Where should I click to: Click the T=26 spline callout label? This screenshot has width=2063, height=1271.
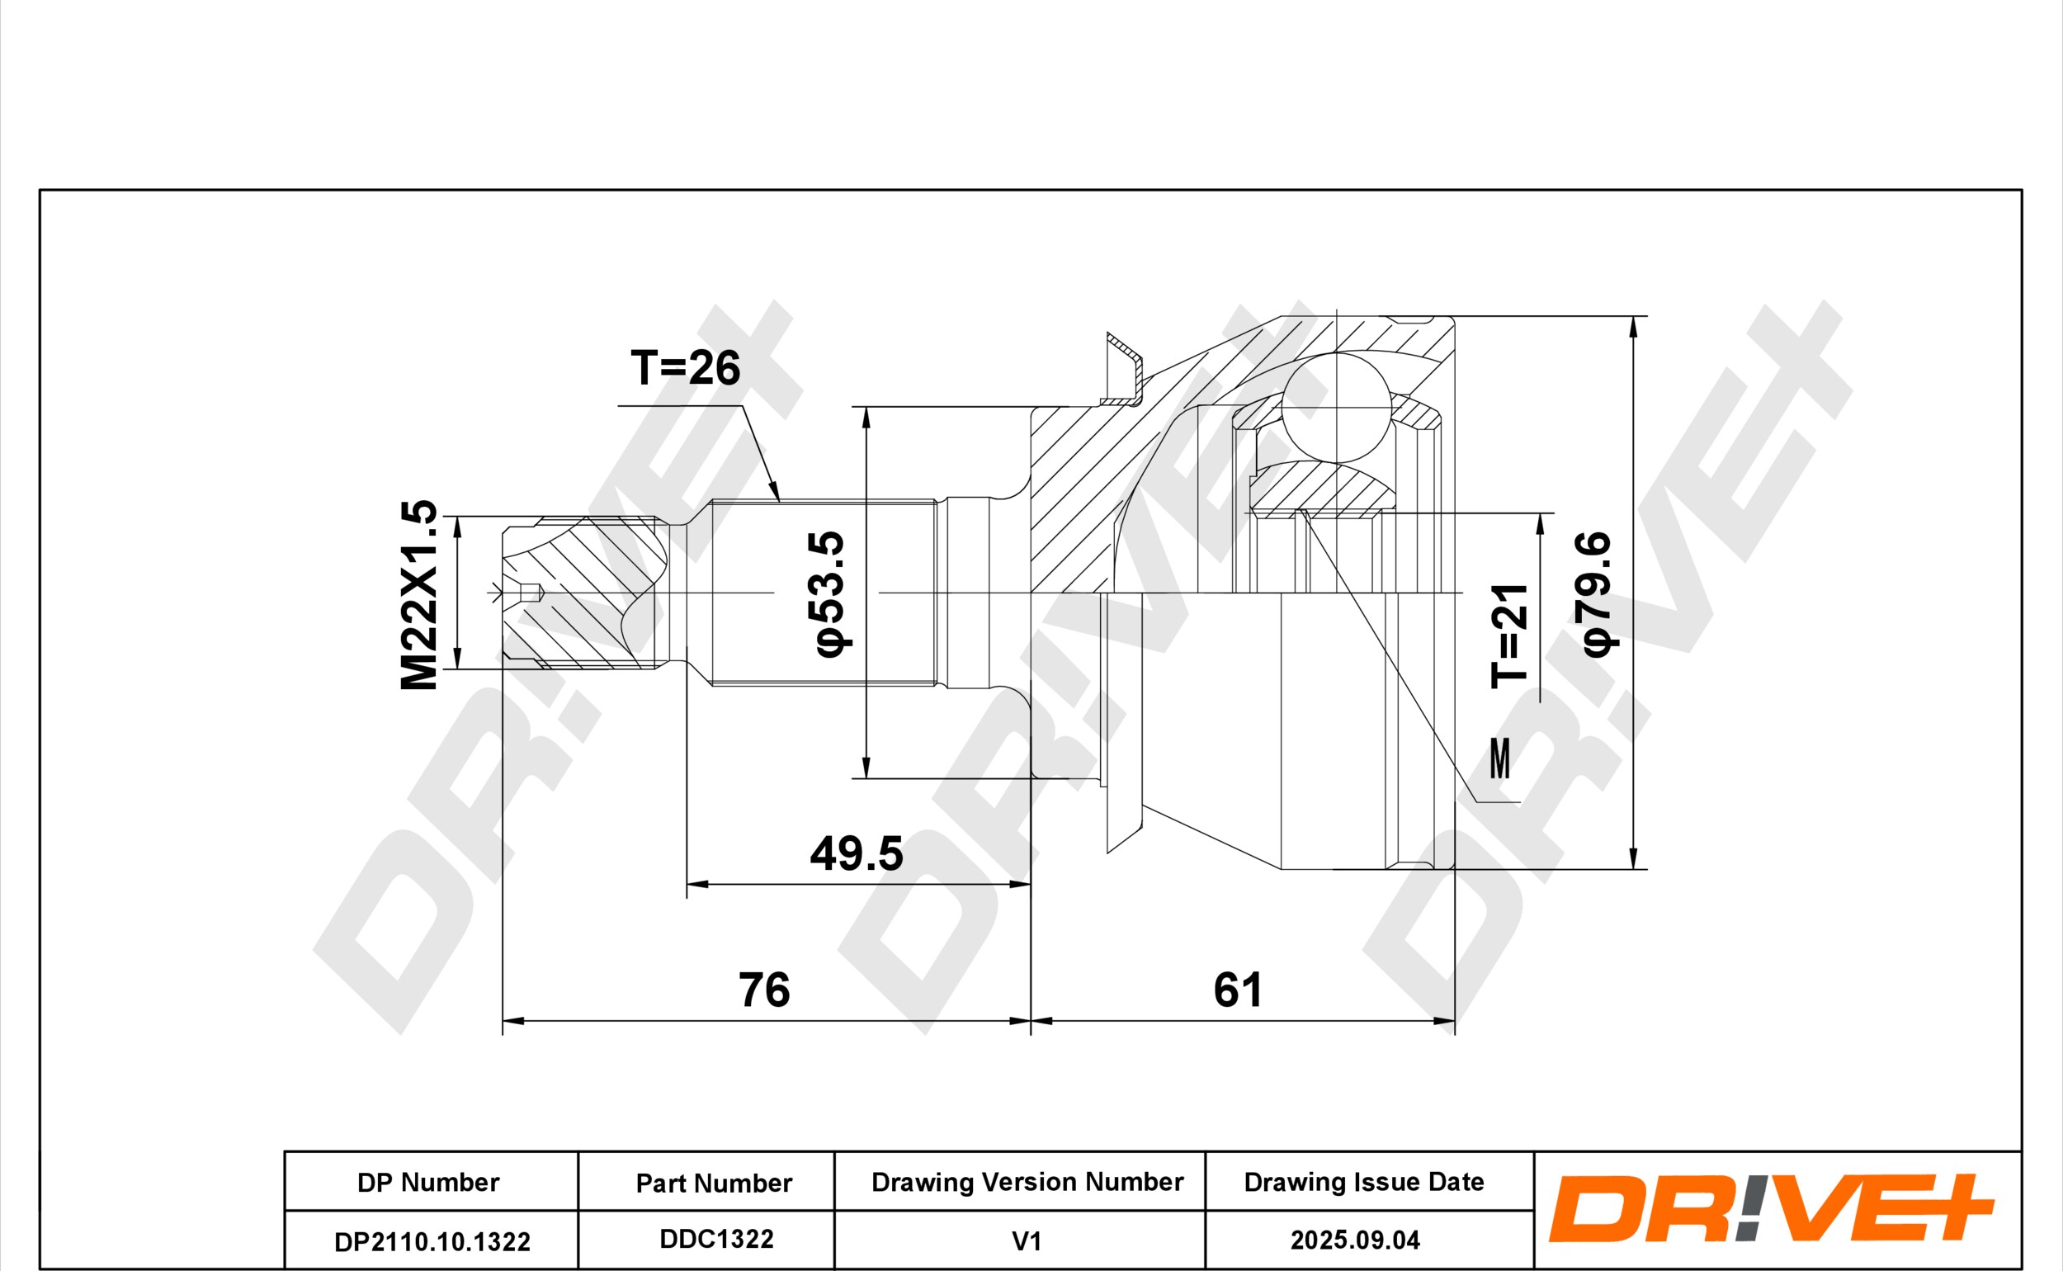685,367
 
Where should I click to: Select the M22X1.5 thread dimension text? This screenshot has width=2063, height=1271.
418,595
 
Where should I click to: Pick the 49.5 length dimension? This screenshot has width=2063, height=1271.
857,853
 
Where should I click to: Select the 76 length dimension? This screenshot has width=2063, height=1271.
764,990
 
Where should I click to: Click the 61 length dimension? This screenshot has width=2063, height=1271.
1237,990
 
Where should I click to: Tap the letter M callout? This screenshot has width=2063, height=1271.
1500,758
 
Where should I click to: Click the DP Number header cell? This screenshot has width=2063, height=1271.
427,1183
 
